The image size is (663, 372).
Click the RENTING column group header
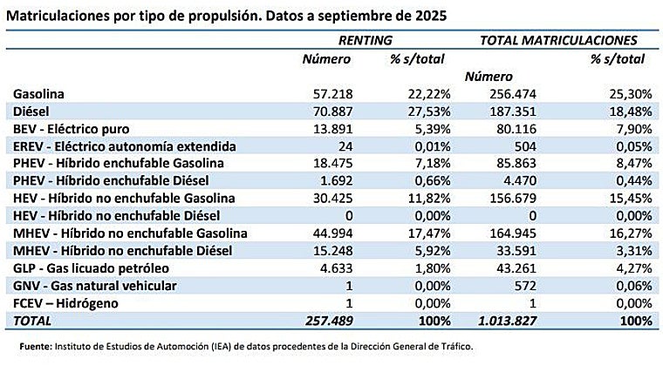[x=365, y=40]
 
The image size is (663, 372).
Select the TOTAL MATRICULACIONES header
[x=558, y=40]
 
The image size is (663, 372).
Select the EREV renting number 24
[x=343, y=146]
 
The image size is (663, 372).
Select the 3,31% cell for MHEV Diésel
[x=632, y=251]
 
